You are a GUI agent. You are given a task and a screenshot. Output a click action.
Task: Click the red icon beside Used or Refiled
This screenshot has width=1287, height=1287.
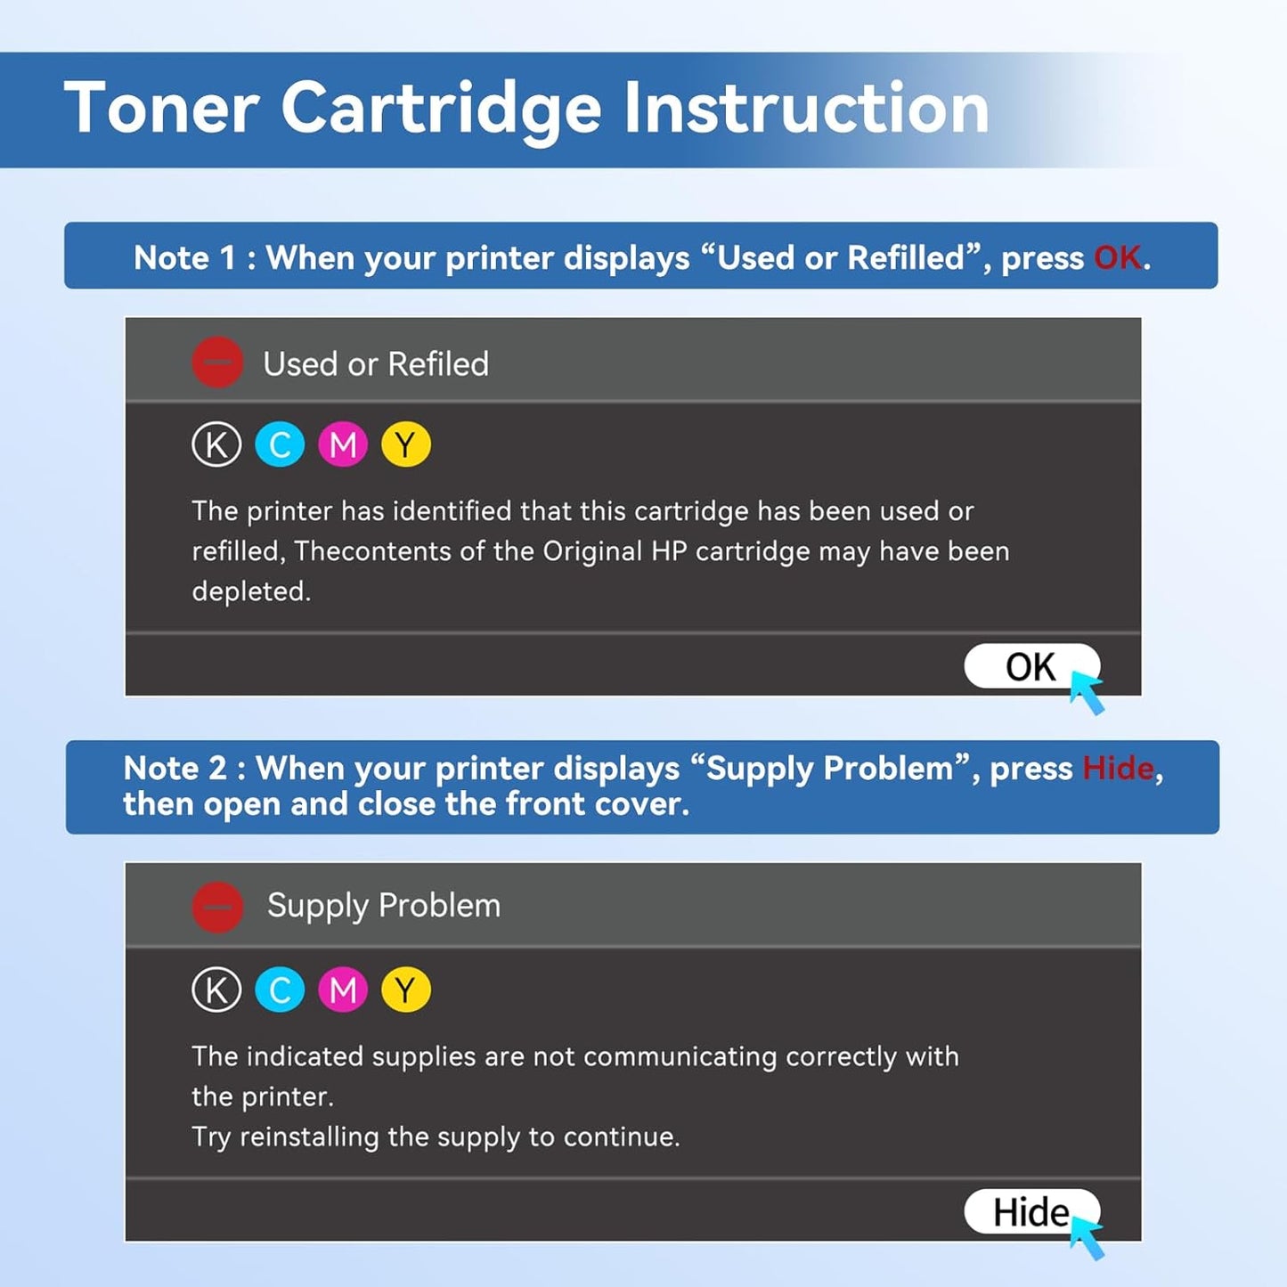coord(217,362)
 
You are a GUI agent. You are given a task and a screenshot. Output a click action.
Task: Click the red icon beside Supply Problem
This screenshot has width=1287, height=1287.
coord(217,907)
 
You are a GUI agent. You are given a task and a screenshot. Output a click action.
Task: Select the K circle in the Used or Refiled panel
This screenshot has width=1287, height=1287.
coord(216,444)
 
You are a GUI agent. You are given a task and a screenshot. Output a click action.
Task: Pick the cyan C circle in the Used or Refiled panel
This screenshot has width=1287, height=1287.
coord(280,444)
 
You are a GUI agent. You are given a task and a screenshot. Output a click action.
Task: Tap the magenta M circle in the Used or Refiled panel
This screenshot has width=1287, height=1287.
coord(343,444)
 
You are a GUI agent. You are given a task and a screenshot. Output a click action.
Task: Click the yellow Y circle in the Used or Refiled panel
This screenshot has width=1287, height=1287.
coord(406,444)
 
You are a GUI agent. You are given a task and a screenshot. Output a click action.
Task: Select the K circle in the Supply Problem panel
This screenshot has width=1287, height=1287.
coord(216,990)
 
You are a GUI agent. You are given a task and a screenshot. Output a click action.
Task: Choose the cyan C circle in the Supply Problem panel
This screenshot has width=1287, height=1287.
coord(280,990)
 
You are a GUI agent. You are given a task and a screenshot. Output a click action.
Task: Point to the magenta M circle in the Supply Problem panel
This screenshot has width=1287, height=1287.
coord(343,990)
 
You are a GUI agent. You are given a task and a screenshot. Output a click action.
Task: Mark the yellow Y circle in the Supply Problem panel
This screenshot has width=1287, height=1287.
coord(406,990)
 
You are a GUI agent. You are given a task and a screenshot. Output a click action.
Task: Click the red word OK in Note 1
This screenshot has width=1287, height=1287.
coord(1117,257)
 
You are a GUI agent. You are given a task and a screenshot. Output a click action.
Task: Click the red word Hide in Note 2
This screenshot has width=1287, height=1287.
coord(1118,768)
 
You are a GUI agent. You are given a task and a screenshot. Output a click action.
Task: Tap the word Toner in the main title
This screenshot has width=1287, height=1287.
coord(161,109)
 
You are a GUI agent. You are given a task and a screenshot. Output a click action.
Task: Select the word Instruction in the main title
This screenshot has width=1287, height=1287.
coord(806,109)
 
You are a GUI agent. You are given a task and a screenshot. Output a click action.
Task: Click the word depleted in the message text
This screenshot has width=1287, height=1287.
coord(250,591)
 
